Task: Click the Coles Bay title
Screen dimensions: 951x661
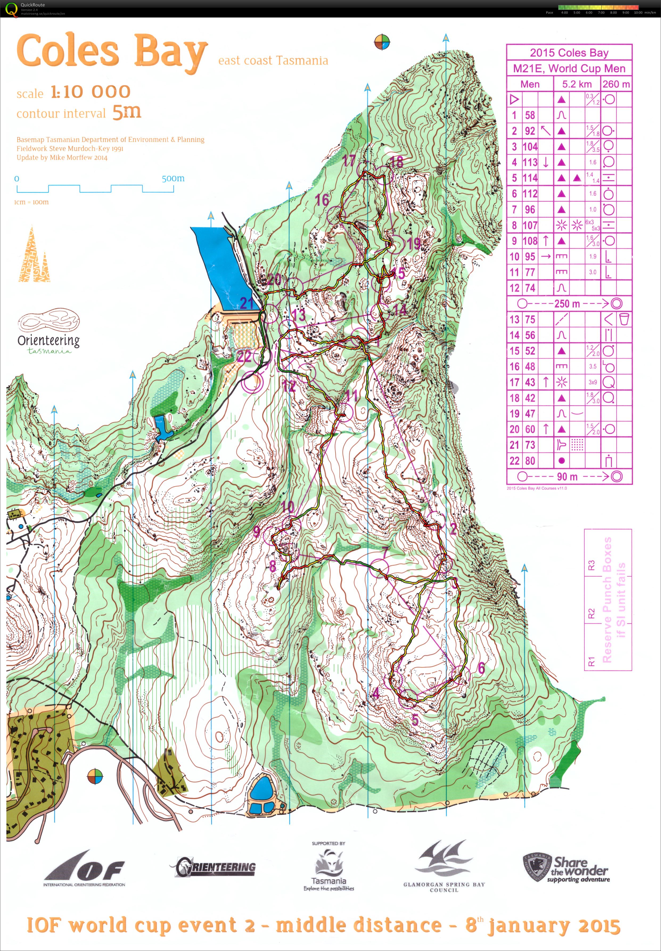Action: [112, 52]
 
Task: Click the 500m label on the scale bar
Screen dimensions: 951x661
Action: [173, 179]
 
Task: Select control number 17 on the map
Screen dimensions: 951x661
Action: [349, 161]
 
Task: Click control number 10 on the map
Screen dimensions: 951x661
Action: [288, 506]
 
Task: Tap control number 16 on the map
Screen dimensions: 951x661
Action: [322, 200]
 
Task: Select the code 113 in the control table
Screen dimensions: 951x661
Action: [530, 162]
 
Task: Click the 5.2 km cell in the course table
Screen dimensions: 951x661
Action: [577, 84]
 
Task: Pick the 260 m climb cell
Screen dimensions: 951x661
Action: [616, 84]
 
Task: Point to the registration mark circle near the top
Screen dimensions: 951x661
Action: [382, 42]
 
